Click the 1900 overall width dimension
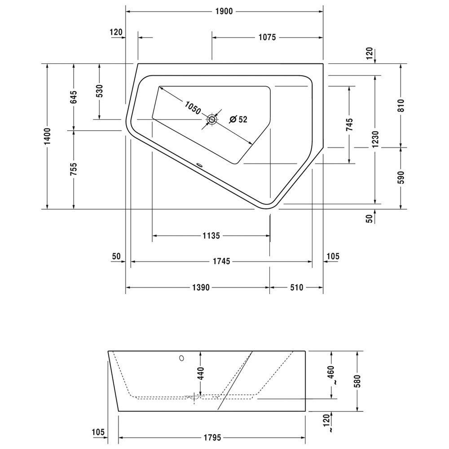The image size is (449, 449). coord(224,12)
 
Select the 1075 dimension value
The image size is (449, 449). coord(267,37)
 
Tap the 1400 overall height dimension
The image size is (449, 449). coord(47,136)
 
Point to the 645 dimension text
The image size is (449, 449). coord(74,97)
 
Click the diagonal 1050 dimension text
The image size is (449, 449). coord(193,108)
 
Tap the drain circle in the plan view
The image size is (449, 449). coord(212,119)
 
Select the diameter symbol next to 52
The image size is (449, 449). coord(233,119)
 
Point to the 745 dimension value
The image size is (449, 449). coord(350,124)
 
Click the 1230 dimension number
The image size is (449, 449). coord(375,140)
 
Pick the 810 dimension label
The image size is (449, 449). coord(401,106)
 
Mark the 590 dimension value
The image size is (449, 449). coord(401,177)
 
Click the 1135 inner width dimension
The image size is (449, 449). coord(211,236)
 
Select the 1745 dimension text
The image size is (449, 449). coord(221,261)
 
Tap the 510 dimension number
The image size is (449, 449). coord(296,287)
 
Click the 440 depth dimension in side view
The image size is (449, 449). coord(200,374)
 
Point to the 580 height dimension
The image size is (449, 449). coord(358,381)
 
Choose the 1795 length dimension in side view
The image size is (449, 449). coord(212,437)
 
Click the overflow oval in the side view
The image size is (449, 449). coord(181,358)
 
